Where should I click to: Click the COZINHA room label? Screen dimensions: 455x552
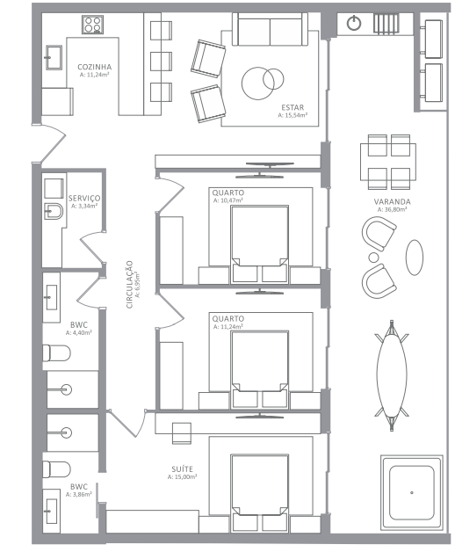pyautogui.click(x=95, y=67)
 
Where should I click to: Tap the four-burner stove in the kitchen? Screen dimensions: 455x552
pyautogui.click(x=92, y=25)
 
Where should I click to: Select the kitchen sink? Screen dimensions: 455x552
pyautogui.click(x=54, y=57)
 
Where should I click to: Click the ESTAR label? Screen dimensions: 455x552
pyautogui.click(x=292, y=108)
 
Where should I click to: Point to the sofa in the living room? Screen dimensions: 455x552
pyautogui.click(x=270, y=29)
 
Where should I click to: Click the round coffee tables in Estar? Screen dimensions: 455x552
pyautogui.click(x=263, y=83)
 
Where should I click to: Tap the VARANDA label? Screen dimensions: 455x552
pyautogui.click(x=392, y=202)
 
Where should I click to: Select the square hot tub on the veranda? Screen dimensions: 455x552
pyautogui.click(x=411, y=492)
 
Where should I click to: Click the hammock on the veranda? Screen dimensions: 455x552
pyautogui.click(x=392, y=375)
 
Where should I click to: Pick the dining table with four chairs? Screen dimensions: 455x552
pyautogui.click(x=388, y=162)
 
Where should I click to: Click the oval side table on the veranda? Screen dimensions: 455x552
pyautogui.click(x=415, y=258)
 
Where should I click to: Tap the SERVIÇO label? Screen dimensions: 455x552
pyautogui.click(x=84, y=199)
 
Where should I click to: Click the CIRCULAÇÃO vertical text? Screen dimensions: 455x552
pyautogui.click(x=129, y=285)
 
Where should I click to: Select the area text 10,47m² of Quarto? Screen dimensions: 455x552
pyautogui.click(x=228, y=200)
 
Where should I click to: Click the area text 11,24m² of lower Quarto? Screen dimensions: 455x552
pyautogui.click(x=228, y=327)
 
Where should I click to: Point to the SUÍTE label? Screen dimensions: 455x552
pyautogui.click(x=183, y=469)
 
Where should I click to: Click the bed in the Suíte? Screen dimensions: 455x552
pyautogui.click(x=260, y=492)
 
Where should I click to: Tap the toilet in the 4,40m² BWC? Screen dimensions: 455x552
pyautogui.click(x=56, y=353)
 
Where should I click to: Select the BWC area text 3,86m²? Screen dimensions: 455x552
pyautogui.click(x=79, y=495)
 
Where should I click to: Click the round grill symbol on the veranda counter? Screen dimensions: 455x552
pyautogui.click(x=354, y=23)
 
